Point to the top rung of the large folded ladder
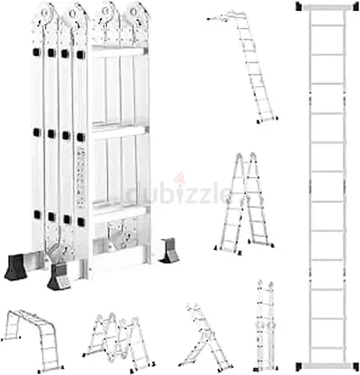pyautogui.click(x=119, y=51)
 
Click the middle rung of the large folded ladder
pyautogui.click(x=119, y=130)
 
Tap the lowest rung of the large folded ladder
pyautogui.click(x=119, y=209)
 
